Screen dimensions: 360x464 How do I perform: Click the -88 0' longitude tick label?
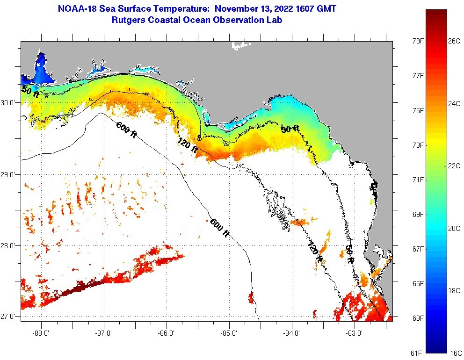tap(41, 333)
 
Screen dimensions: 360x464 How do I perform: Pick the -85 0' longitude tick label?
tap(230, 333)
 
